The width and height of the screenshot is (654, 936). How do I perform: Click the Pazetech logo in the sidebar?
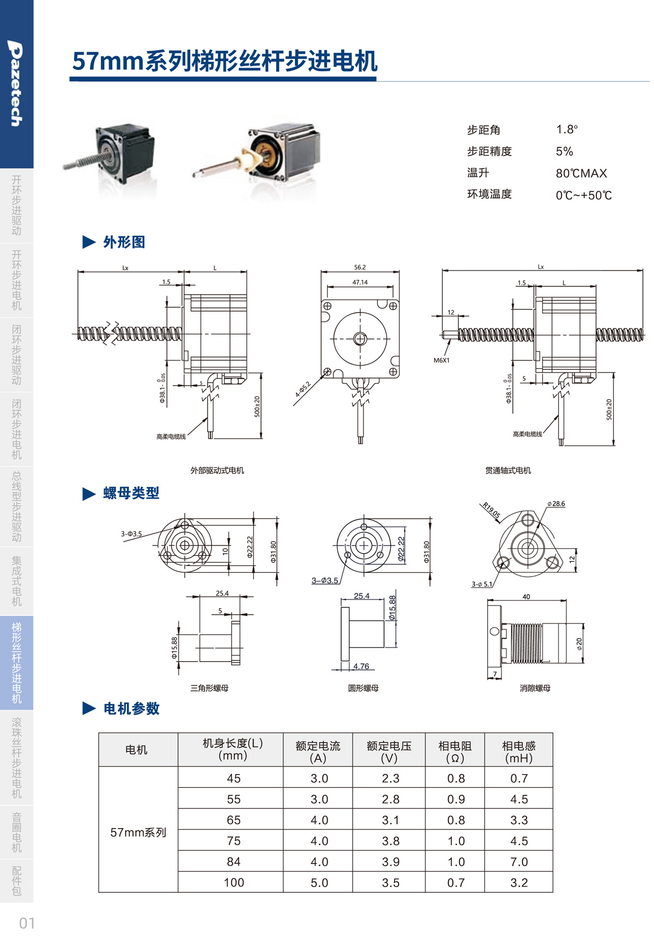[x=16, y=83]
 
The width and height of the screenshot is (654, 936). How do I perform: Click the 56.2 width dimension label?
[x=360, y=267]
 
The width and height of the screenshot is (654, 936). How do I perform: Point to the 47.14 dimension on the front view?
[x=360, y=283]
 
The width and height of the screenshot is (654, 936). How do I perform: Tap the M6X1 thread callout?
[x=441, y=361]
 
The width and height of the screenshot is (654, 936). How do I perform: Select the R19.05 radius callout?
[x=491, y=511]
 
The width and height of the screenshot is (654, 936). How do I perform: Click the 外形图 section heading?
[x=124, y=242]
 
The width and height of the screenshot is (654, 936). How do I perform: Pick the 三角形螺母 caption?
[x=209, y=688]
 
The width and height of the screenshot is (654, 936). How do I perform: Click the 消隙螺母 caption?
[x=535, y=688]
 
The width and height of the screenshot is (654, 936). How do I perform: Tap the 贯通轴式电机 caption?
[x=508, y=470]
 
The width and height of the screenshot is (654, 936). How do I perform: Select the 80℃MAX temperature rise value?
[x=581, y=173]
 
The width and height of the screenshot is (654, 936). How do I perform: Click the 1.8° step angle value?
[x=567, y=130]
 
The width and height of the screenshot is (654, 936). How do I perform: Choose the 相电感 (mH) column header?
[x=518, y=751]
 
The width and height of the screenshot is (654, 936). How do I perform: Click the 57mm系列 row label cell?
[x=138, y=833]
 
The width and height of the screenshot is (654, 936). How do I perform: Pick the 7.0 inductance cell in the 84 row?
[x=519, y=862]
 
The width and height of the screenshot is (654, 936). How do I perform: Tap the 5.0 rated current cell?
[x=319, y=883]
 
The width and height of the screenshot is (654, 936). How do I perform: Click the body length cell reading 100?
[x=234, y=883]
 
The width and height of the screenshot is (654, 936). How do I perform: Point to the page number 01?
[x=27, y=923]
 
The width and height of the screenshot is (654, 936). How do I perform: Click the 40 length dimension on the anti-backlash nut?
[x=526, y=597]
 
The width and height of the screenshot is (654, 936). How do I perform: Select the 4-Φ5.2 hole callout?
[x=303, y=389]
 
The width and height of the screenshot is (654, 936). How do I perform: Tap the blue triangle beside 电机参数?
[x=89, y=709]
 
